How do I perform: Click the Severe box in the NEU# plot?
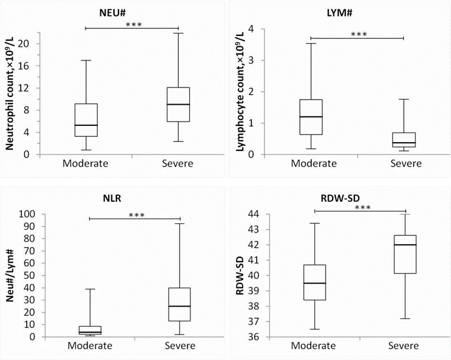pyautogui.click(x=178, y=104)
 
